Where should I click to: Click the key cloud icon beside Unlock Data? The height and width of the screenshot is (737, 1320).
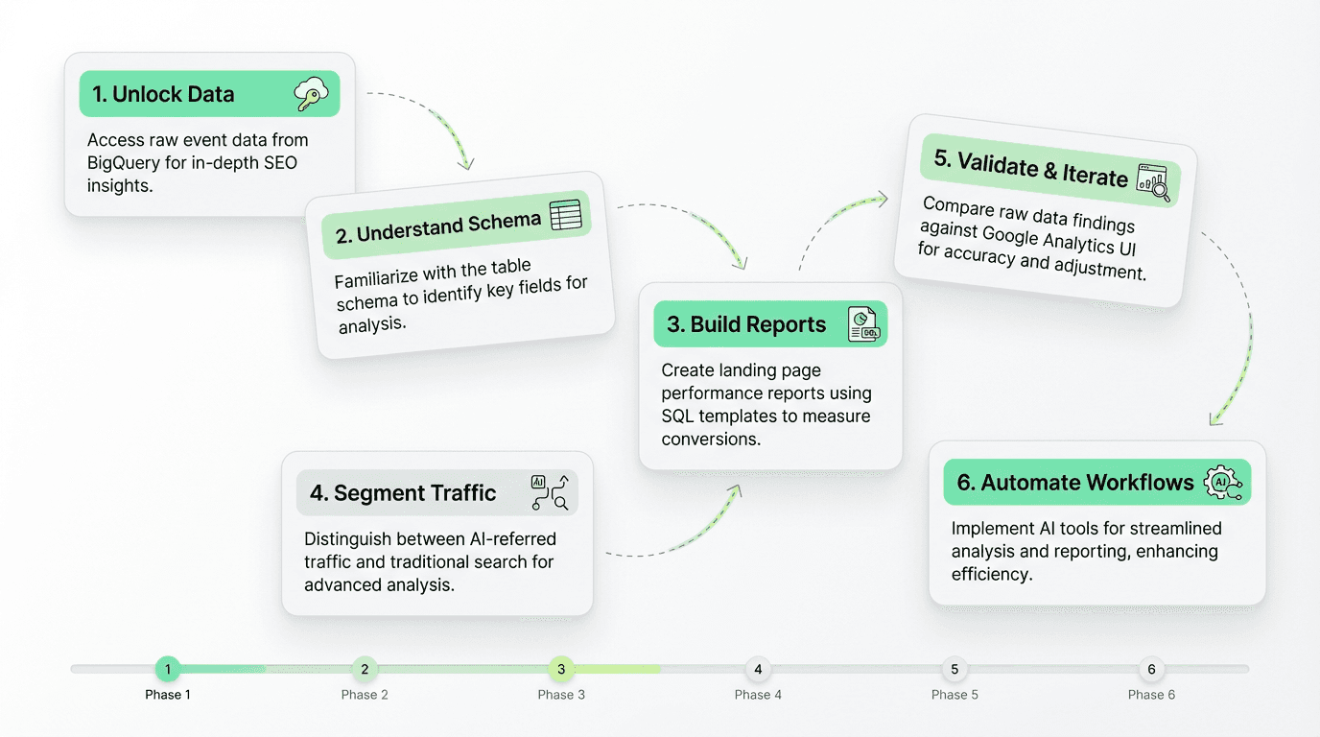click(x=312, y=94)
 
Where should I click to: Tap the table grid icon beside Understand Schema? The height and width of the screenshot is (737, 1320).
click(x=565, y=215)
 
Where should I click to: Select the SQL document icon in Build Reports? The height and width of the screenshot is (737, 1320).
click(x=863, y=324)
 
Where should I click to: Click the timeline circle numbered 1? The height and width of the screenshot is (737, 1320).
click(x=168, y=669)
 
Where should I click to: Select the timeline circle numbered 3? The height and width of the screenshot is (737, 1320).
click(x=561, y=669)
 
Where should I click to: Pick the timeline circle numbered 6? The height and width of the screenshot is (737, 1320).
click(x=1151, y=669)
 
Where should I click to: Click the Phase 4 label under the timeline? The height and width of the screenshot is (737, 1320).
click(x=758, y=695)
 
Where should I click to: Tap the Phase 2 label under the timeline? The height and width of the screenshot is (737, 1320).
click(x=365, y=695)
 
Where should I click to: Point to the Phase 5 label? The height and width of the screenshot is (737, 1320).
click(x=955, y=695)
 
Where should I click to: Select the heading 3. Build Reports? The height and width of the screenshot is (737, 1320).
click(x=746, y=324)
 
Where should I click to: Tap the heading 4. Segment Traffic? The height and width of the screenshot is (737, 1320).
click(x=403, y=493)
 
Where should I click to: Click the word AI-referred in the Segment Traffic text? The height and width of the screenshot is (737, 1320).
click(x=509, y=539)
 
